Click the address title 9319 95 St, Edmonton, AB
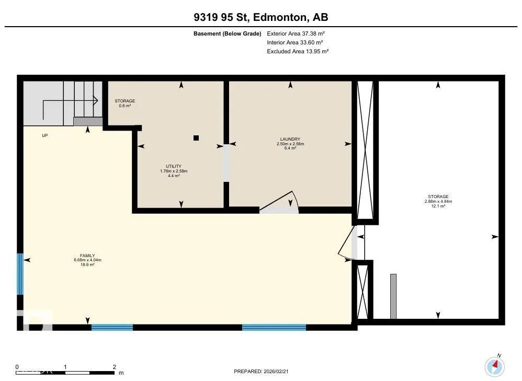[x=260, y=17]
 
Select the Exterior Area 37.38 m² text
[x=296, y=33]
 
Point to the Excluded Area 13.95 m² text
[x=298, y=51]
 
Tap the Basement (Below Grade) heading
[x=228, y=33]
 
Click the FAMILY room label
[x=87, y=260]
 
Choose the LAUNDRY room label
[x=290, y=143]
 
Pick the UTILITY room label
[x=174, y=171]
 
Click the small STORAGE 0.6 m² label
[x=125, y=103]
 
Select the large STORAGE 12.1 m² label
[x=438, y=201]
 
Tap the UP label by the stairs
[x=44, y=135]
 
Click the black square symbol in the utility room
[x=196, y=138]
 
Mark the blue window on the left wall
[x=20, y=274]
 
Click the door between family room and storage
[x=346, y=242]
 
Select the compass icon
[x=494, y=366]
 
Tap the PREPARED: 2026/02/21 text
[x=261, y=372]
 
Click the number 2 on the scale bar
[x=114, y=367]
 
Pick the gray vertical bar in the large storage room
[x=393, y=296]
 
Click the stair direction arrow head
[x=96, y=100]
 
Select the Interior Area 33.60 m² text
[x=294, y=42]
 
